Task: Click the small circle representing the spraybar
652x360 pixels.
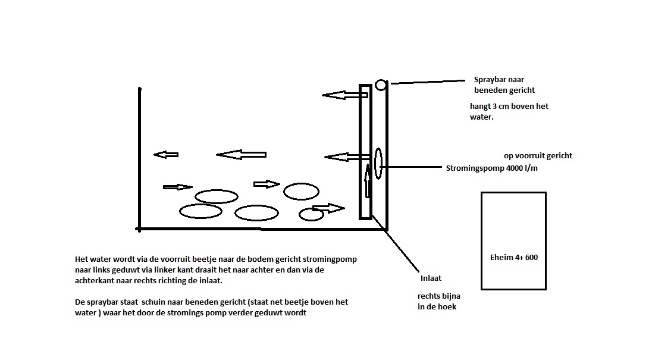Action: tap(381, 85)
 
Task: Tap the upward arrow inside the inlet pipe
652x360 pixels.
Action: tap(368, 182)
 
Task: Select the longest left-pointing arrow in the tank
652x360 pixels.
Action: tap(241, 155)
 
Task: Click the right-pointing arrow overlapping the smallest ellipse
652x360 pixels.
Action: tap(328, 208)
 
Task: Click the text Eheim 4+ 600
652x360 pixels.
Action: tap(513, 258)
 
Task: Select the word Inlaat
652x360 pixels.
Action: tap(431, 278)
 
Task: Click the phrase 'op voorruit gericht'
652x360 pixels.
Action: tap(538, 156)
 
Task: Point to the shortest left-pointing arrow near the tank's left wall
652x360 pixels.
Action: tap(166, 155)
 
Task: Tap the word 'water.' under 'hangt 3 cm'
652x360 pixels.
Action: tap(482, 117)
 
